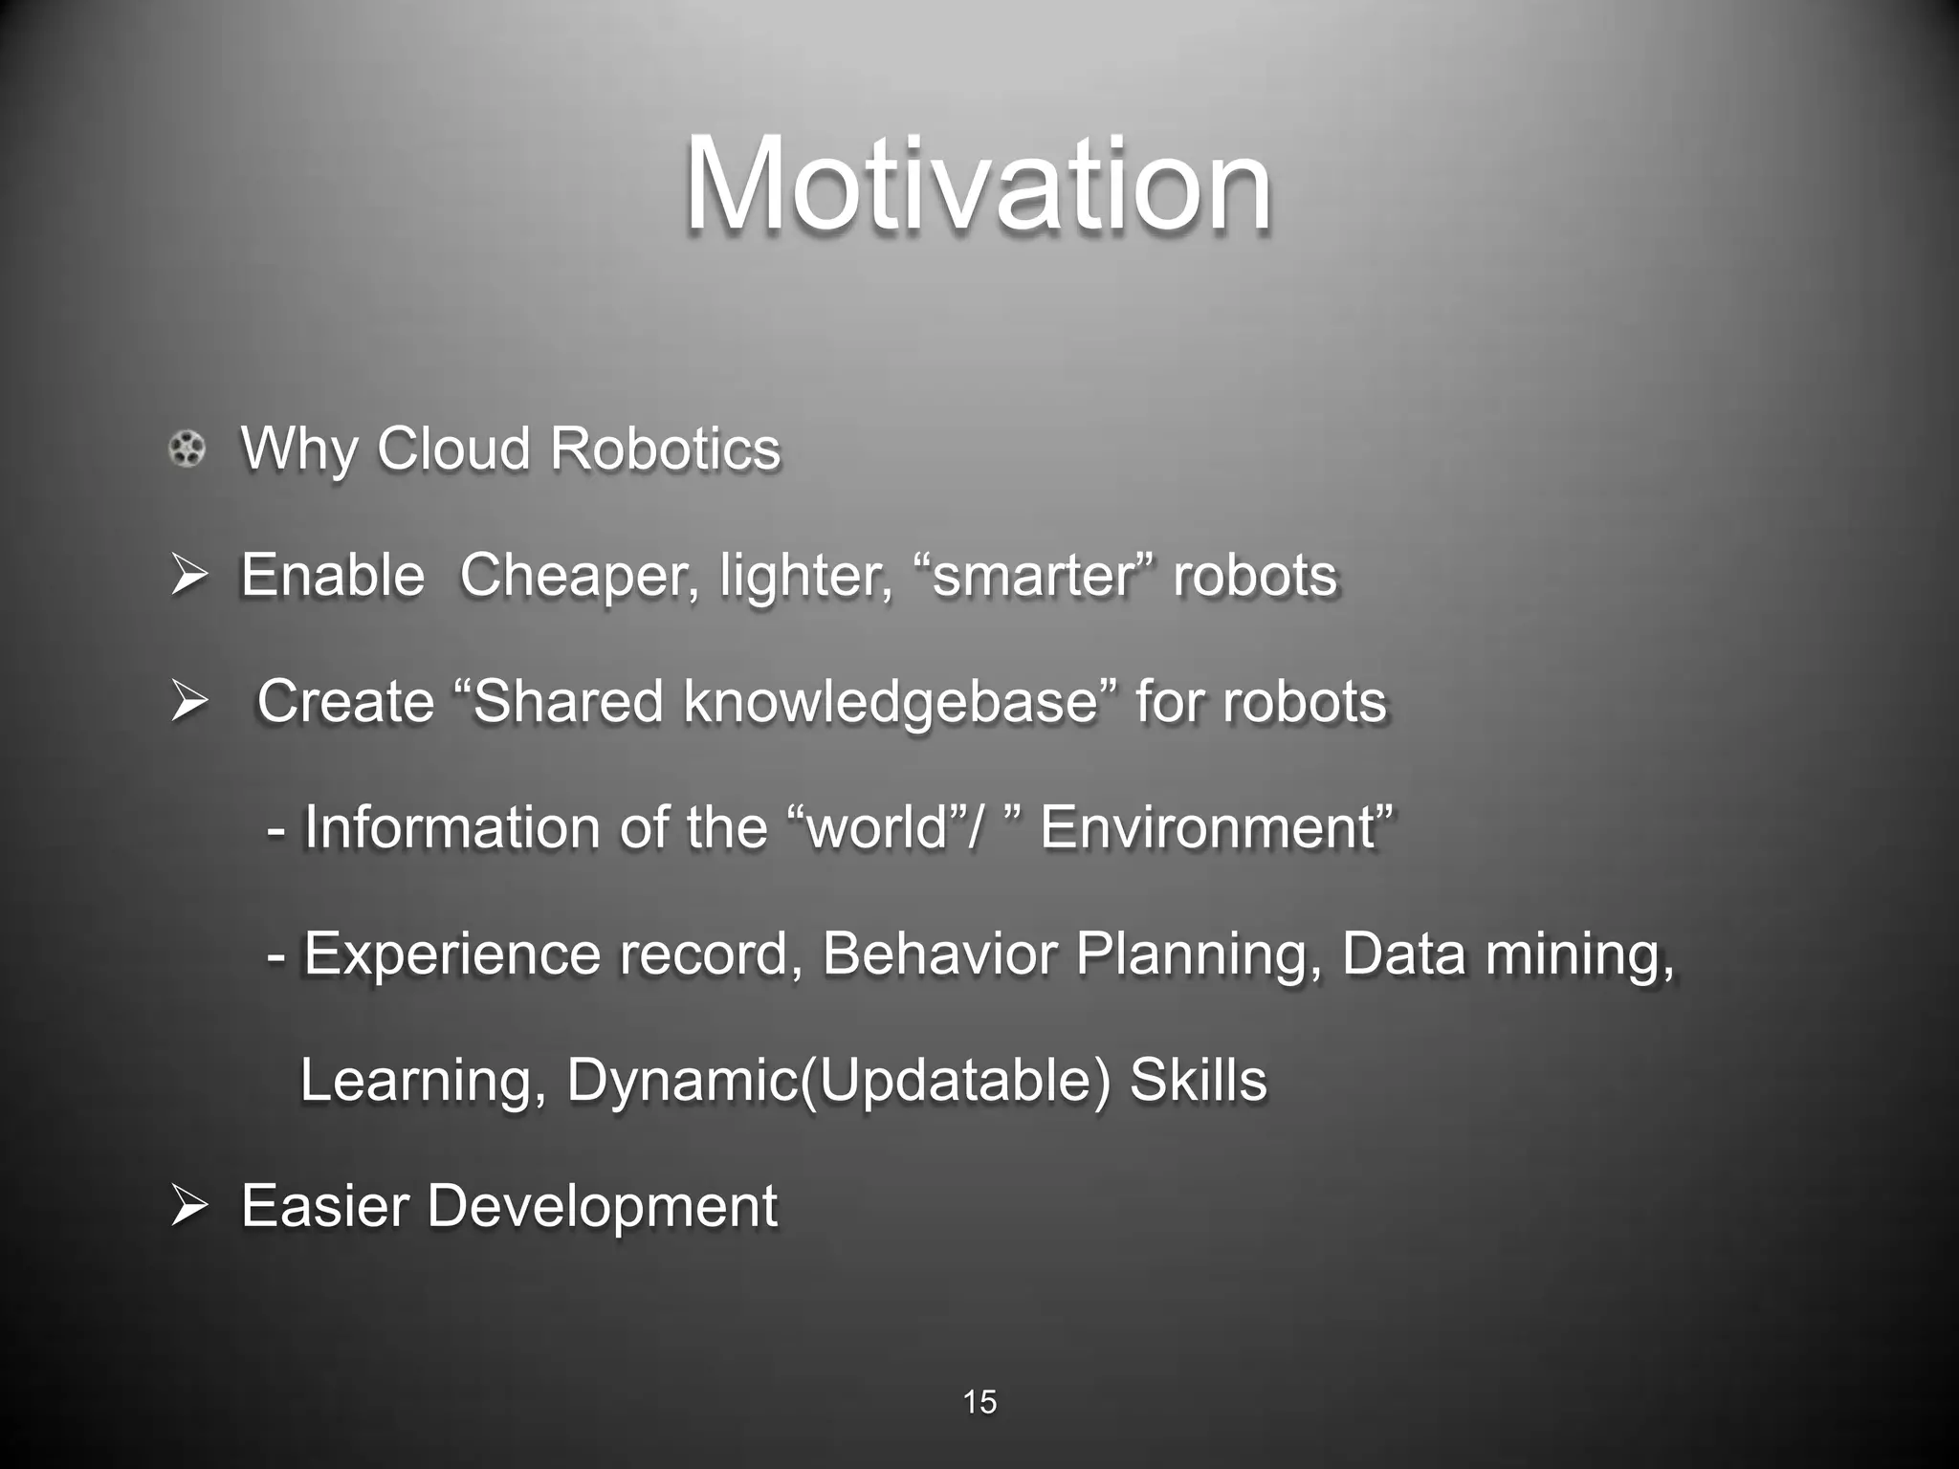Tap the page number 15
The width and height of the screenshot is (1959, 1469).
(x=979, y=1402)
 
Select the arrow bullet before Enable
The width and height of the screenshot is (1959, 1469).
(x=188, y=577)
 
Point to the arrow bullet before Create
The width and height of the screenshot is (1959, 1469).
(x=188, y=703)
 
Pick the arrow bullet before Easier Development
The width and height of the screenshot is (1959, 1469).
(x=188, y=1207)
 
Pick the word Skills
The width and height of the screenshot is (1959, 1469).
(x=1198, y=1080)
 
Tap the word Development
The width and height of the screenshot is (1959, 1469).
(x=602, y=1206)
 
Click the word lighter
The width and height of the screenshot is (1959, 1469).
(x=805, y=576)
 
